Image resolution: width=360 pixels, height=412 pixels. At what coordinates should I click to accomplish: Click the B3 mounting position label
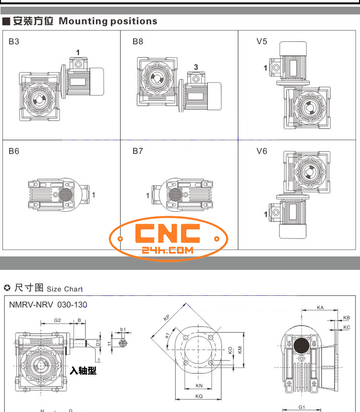coord(14,41)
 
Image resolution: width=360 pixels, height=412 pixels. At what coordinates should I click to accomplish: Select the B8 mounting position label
coord(138,41)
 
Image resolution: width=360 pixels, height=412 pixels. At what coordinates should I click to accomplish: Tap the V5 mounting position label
coord(262,41)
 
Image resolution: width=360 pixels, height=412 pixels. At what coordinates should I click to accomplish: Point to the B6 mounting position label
coord(14,151)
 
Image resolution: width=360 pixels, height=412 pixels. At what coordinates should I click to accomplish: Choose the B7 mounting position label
coord(138,151)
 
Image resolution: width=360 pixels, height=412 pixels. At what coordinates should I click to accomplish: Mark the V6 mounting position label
coord(262,151)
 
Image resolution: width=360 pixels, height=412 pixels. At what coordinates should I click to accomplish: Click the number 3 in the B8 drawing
coord(196,66)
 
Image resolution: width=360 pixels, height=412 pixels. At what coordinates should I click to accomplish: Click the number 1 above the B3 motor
coord(77,52)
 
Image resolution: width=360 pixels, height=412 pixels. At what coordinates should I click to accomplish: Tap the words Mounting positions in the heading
coord(108,21)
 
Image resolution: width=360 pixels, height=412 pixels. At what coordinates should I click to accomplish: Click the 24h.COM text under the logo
coord(168,250)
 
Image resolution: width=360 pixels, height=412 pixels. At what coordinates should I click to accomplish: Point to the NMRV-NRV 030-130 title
coord(48,304)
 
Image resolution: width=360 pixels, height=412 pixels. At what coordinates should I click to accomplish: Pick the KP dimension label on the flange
coord(167,317)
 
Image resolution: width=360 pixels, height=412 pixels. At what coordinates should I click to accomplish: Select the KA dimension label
coord(320,307)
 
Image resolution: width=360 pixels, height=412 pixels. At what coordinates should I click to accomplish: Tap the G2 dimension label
coord(57,320)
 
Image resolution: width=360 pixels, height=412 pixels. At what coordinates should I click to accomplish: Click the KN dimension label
coord(199,385)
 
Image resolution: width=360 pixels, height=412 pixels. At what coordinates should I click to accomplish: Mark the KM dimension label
coord(240,351)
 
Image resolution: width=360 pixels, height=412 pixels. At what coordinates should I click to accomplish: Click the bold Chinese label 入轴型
coord(83,371)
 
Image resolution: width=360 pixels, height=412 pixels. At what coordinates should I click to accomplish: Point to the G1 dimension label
coord(301,408)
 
